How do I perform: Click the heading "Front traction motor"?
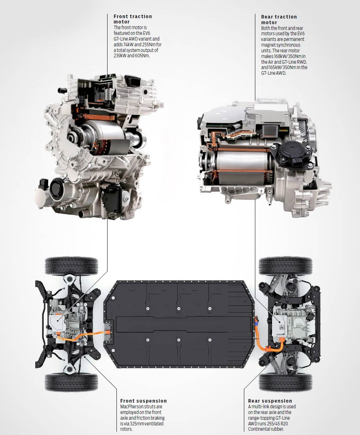[x=133, y=19]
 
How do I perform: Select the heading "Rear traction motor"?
[x=279, y=19]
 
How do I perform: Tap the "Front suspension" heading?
[x=144, y=401]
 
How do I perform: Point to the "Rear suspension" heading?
[x=270, y=401]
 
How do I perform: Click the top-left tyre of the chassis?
[x=71, y=266]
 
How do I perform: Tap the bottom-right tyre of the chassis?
[x=285, y=382]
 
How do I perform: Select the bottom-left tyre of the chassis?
[x=71, y=382]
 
